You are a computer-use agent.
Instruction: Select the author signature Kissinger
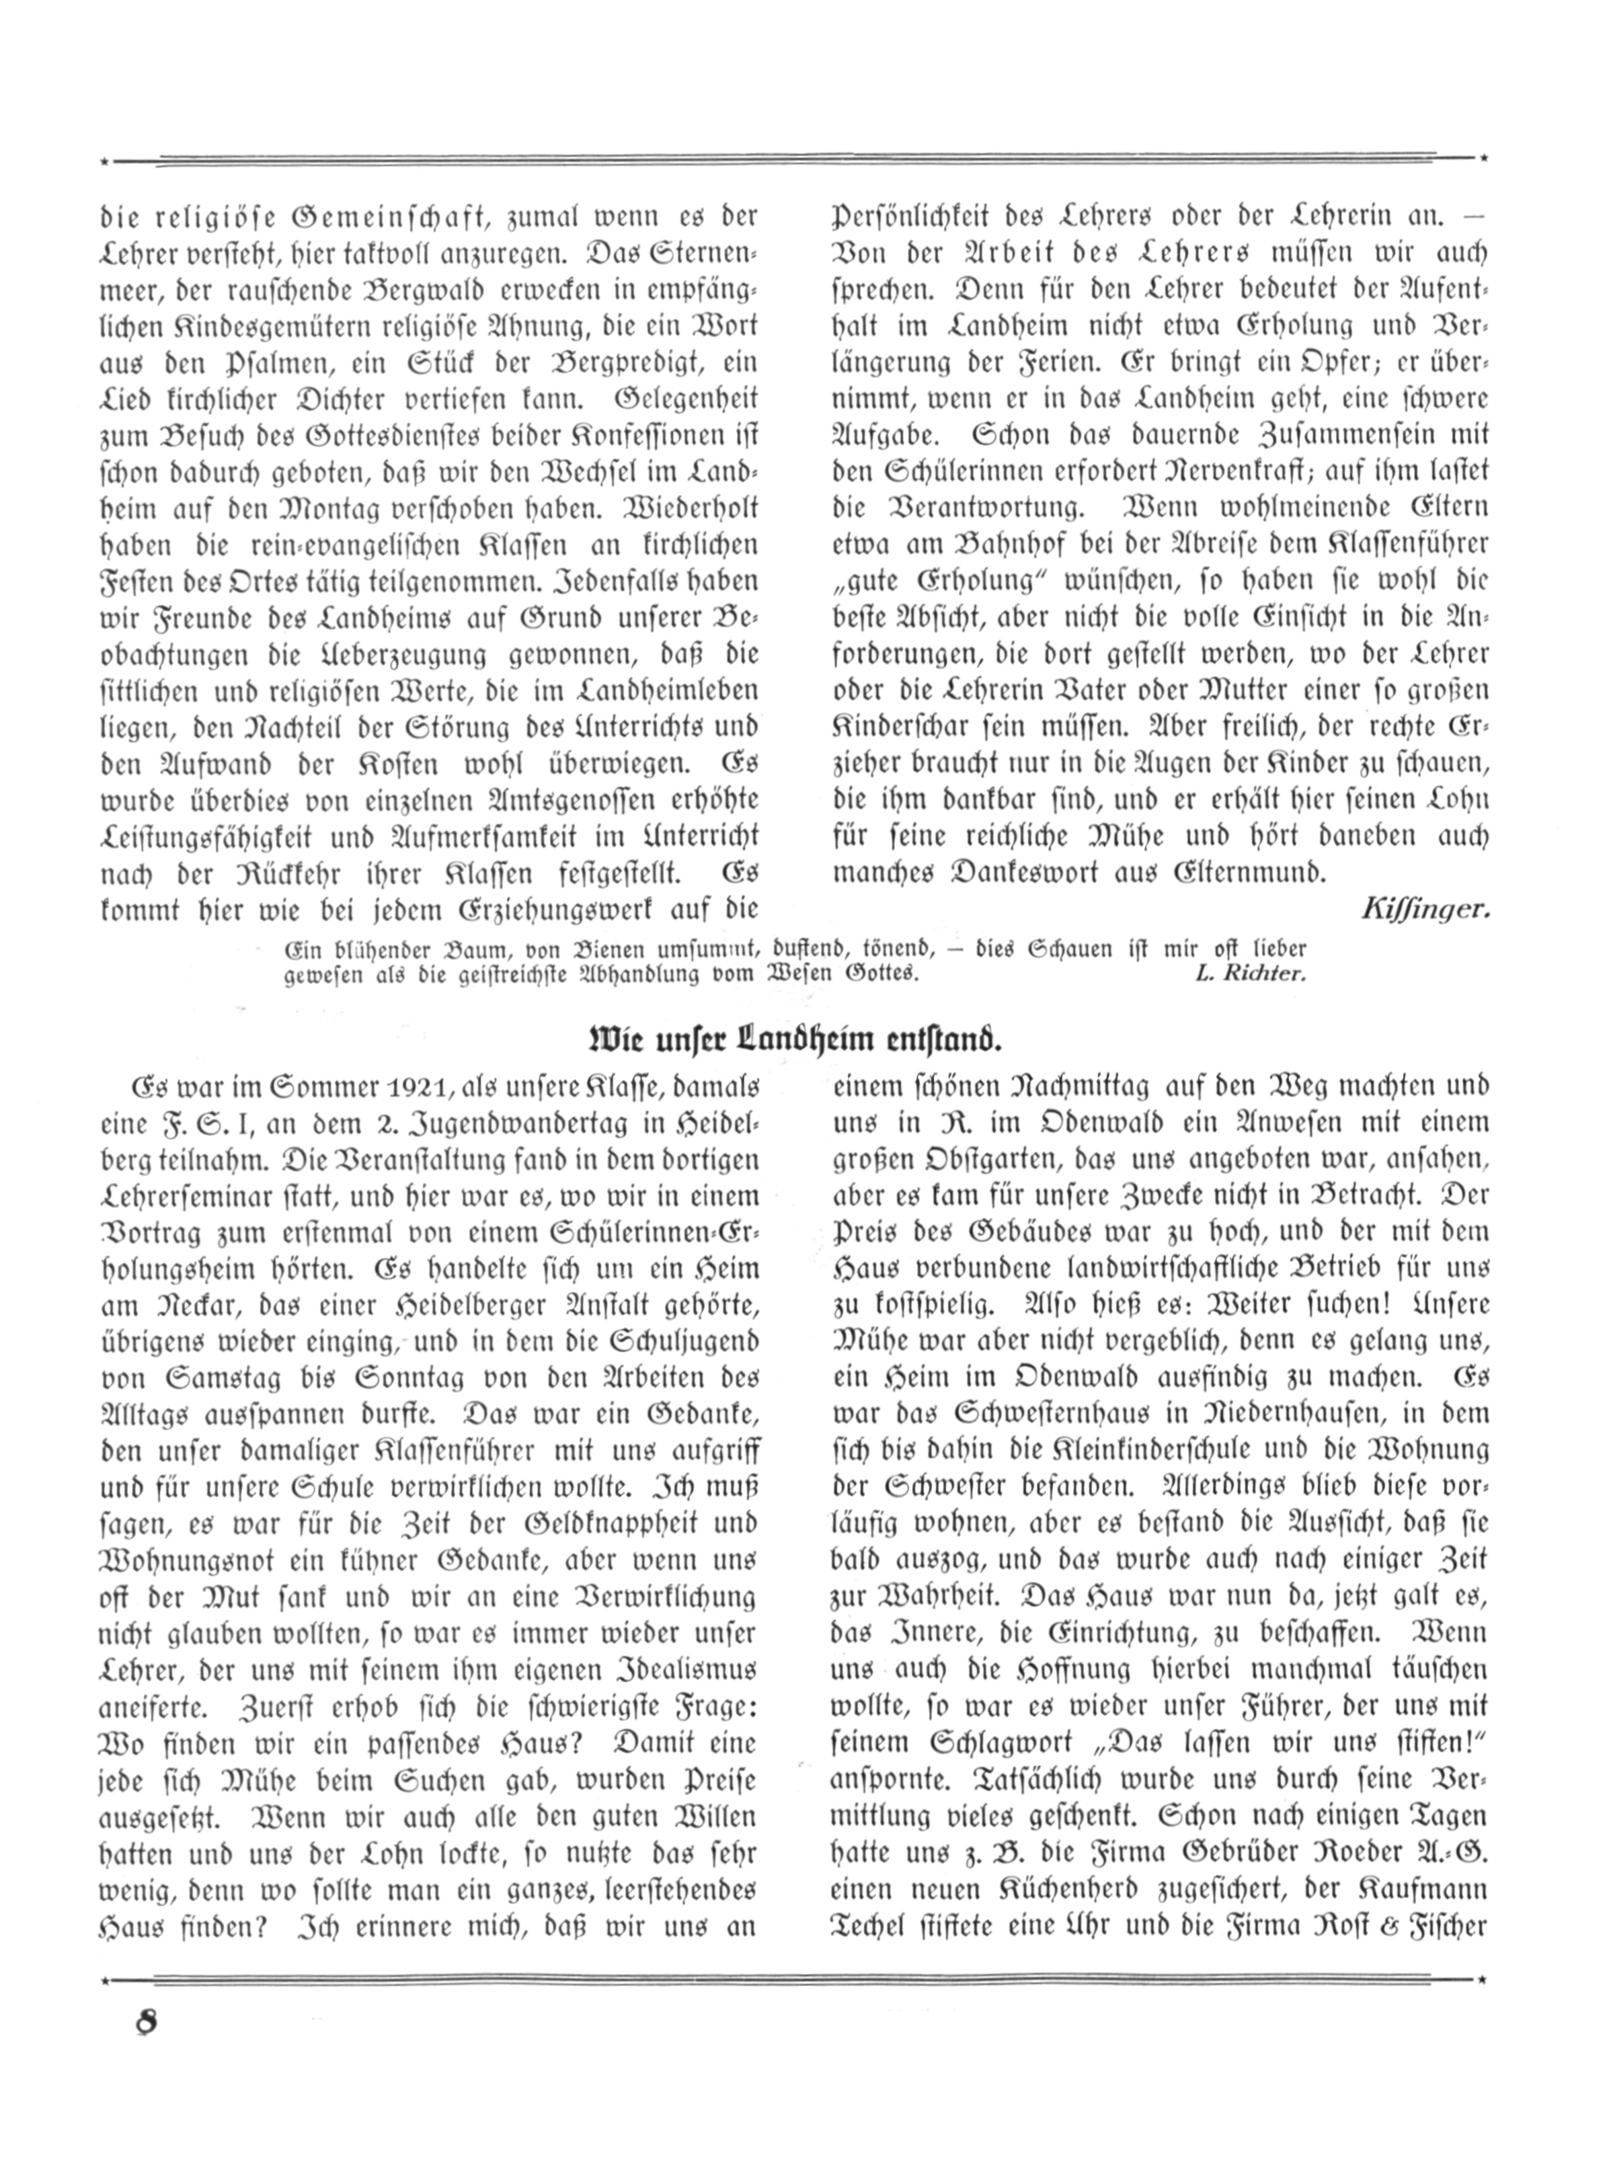pos(1425,910)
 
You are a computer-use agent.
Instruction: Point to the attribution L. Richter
pos(1249,974)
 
